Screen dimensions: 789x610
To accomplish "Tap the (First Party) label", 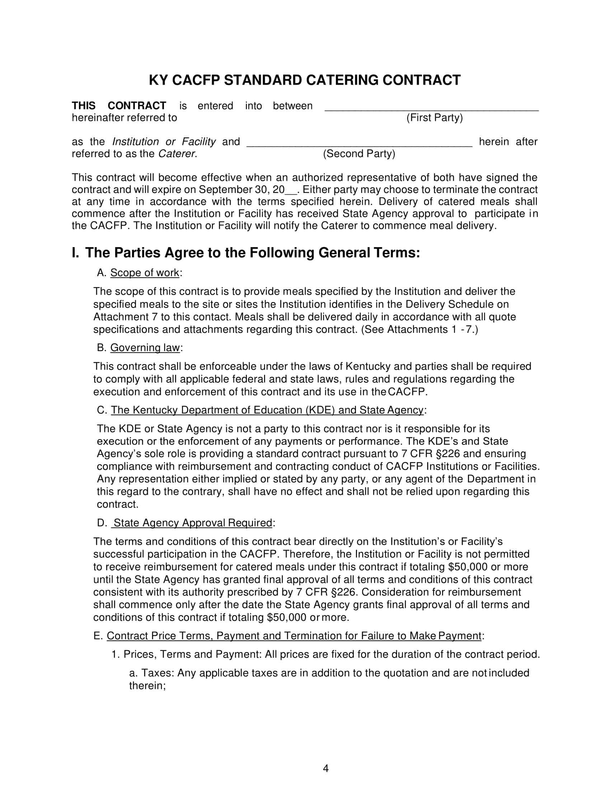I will (435, 118).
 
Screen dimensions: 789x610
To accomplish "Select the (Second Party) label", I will (359, 154).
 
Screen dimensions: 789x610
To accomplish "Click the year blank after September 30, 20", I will (291, 190).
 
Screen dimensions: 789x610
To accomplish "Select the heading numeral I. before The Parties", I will (75, 253).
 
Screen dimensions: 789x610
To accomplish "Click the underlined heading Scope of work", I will (145, 273).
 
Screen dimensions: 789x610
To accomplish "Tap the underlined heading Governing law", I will (145, 348).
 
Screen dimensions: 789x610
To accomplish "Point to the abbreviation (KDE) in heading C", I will (320, 410).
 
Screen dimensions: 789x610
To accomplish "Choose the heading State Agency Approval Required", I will (193, 523).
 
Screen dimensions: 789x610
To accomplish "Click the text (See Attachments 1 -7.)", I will (419, 330).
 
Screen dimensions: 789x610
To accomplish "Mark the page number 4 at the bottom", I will (325, 769).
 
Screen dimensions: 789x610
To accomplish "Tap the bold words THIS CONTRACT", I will (119, 106).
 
